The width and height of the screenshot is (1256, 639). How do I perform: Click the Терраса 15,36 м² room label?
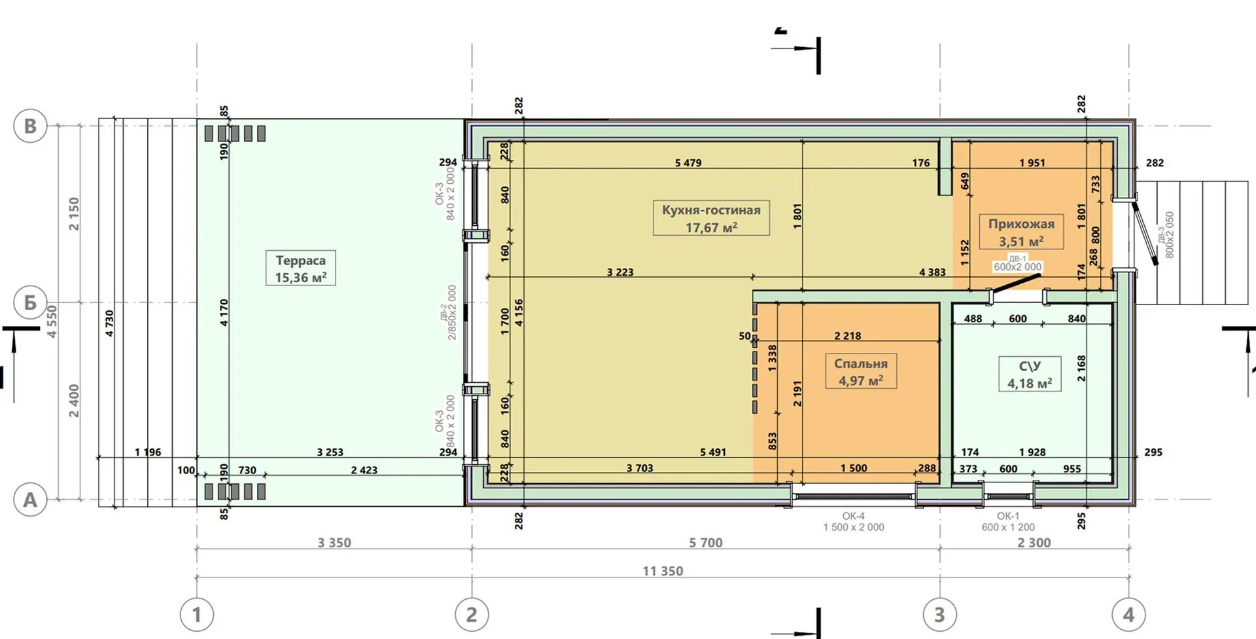(x=301, y=268)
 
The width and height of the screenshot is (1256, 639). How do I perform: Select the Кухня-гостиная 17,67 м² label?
(x=711, y=218)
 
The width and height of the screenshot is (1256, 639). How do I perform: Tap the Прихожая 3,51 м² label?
(x=1020, y=232)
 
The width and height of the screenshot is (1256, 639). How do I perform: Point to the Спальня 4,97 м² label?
(x=860, y=372)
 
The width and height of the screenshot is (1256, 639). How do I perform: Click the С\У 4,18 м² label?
(x=1030, y=374)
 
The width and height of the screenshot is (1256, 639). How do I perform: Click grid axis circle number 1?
(x=197, y=615)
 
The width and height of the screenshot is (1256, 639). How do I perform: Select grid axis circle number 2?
(x=472, y=615)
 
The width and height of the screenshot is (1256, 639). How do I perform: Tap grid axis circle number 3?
(x=939, y=615)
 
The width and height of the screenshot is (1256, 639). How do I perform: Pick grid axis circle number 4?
(x=1129, y=615)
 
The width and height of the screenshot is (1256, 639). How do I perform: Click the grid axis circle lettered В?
(x=30, y=126)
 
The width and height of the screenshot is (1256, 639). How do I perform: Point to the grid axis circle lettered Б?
(x=30, y=302)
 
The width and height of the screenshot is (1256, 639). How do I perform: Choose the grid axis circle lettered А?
(x=30, y=500)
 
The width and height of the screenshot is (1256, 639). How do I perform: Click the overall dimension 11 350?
(x=663, y=571)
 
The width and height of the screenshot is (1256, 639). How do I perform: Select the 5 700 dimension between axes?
(x=706, y=543)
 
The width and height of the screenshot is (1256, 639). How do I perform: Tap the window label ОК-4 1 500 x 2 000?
(x=854, y=522)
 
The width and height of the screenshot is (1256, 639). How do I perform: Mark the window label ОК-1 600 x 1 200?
(x=1008, y=522)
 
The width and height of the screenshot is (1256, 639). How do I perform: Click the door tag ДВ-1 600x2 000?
(x=1018, y=263)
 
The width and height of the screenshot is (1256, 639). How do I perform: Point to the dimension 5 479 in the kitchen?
(x=688, y=163)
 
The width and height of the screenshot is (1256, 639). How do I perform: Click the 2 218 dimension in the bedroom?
(x=848, y=336)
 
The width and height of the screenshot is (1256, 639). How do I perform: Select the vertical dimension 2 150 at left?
(x=74, y=214)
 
